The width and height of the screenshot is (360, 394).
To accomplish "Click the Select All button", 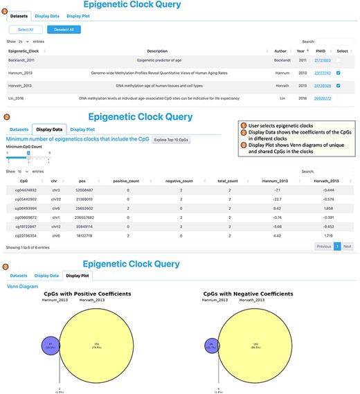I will [x=26, y=30].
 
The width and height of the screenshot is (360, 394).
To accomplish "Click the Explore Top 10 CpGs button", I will [x=172, y=139].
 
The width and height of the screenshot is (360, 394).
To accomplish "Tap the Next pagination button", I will [x=347, y=246].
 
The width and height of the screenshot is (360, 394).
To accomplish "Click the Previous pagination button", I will [x=323, y=246].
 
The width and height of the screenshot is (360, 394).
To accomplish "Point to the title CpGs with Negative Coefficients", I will [x=254, y=294].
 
